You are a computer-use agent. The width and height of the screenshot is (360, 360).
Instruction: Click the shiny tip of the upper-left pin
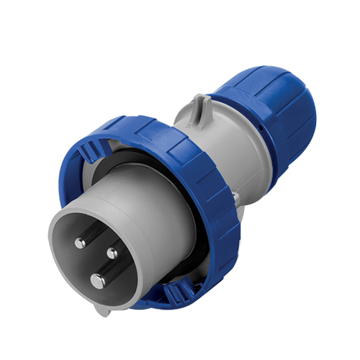pos(80,243)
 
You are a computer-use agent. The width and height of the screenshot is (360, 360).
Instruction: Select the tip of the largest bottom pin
pos(97,280)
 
